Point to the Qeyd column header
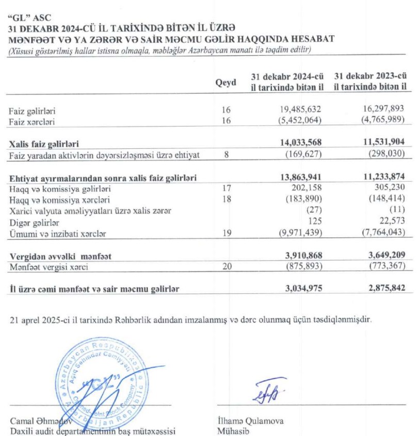click(225, 83)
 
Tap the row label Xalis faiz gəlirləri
click(44, 144)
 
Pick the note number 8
click(225, 155)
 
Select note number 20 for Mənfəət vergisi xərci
click(225, 267)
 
